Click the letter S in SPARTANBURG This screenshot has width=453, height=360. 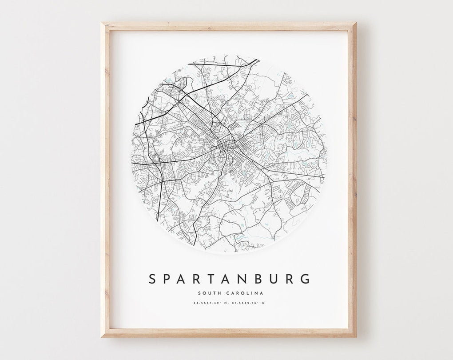click(152, 279)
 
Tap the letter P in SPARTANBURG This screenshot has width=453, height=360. click(167, 279)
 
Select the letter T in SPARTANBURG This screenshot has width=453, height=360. click(214, 279)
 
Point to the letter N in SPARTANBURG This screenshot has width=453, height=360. click(246, 279)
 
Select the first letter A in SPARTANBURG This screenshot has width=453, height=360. click(183, 279)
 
